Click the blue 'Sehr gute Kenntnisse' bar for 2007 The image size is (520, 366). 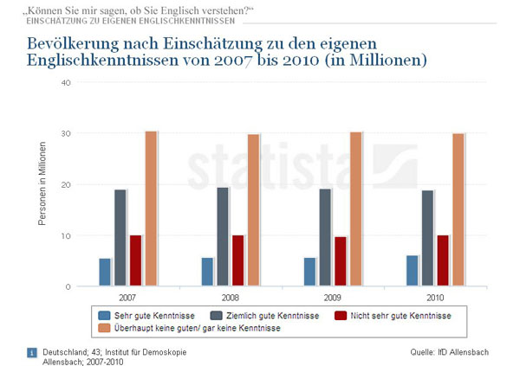click(x=105, y=272)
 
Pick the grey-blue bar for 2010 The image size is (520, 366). click(x=427, y=238)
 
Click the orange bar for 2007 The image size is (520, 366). click(x=151, y=209)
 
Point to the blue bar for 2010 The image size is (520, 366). click(x=412, y=271)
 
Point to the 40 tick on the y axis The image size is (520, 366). click(x=65, y=82)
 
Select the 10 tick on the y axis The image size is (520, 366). click(x=65, y=235)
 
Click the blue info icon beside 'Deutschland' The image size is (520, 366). click(x=32, y=352)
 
